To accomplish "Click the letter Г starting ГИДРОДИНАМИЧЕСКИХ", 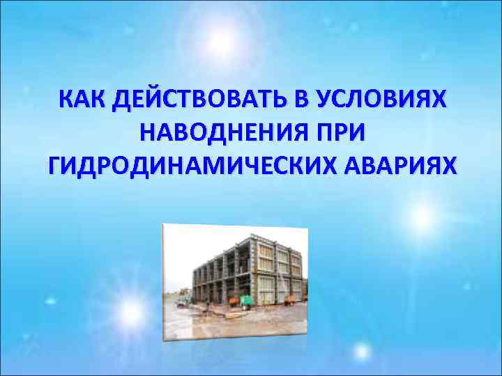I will [56, 166].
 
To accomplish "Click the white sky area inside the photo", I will [209, 244].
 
